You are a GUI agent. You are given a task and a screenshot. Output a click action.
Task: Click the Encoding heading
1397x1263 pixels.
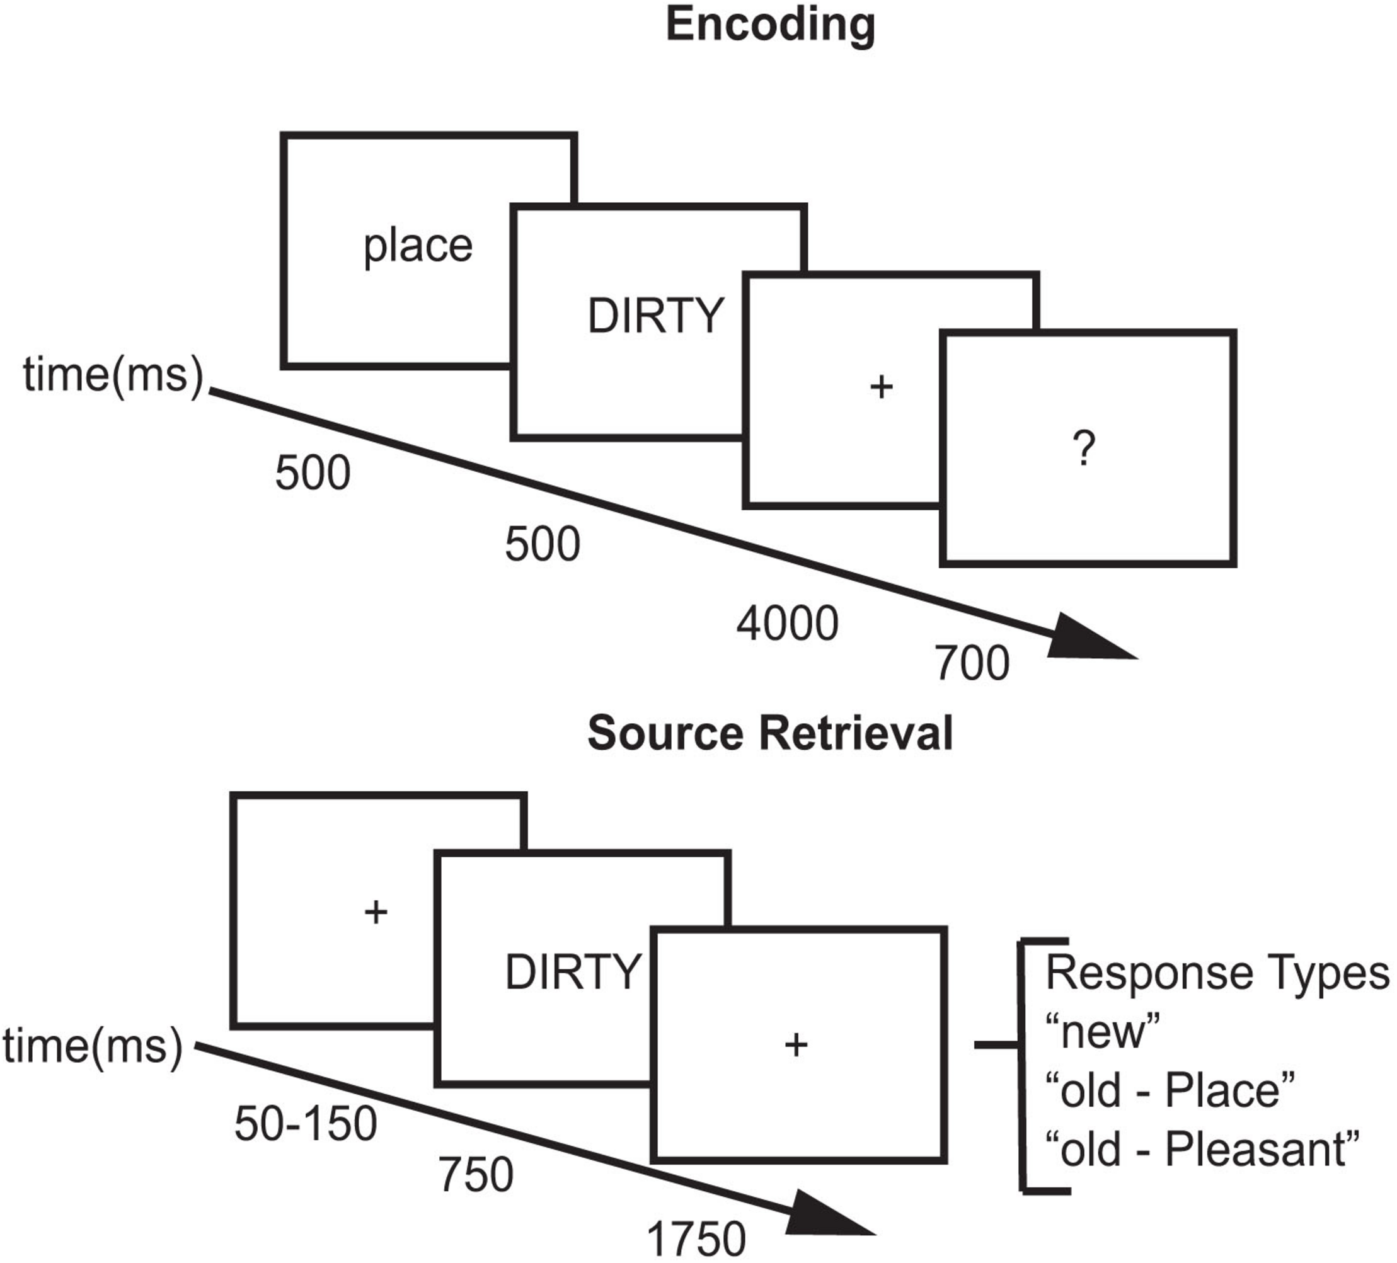[x=770, y=25]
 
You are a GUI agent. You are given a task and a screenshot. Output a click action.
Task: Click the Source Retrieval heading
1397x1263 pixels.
[x=770, y=733]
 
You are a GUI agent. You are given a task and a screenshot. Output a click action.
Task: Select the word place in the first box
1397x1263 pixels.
[x=418, y=247]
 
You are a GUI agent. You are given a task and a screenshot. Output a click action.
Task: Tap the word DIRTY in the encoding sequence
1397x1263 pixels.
[x=655, y=316]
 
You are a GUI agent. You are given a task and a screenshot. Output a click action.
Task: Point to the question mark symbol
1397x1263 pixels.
[x=1084, y=449]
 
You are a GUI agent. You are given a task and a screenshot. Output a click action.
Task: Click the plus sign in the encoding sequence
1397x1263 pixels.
[x=881, y=387]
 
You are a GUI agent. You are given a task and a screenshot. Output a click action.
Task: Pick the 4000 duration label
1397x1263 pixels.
[x=787, y=624]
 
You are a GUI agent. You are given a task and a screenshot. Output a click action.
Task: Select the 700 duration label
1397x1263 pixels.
[x=972, y=664]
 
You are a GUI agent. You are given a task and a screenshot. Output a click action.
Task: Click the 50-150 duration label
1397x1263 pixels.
[x=306, y=1123]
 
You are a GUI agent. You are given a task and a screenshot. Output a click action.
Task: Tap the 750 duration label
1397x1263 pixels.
[x=476, y=1175]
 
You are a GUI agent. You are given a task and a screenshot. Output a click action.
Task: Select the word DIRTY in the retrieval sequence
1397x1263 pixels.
[x=572, y=973]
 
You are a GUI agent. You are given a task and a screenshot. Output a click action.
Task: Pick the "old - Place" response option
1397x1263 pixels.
[x=1170, y=1090]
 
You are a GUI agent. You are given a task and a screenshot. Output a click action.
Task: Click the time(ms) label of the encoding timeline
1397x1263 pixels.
[x=113, y=375]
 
